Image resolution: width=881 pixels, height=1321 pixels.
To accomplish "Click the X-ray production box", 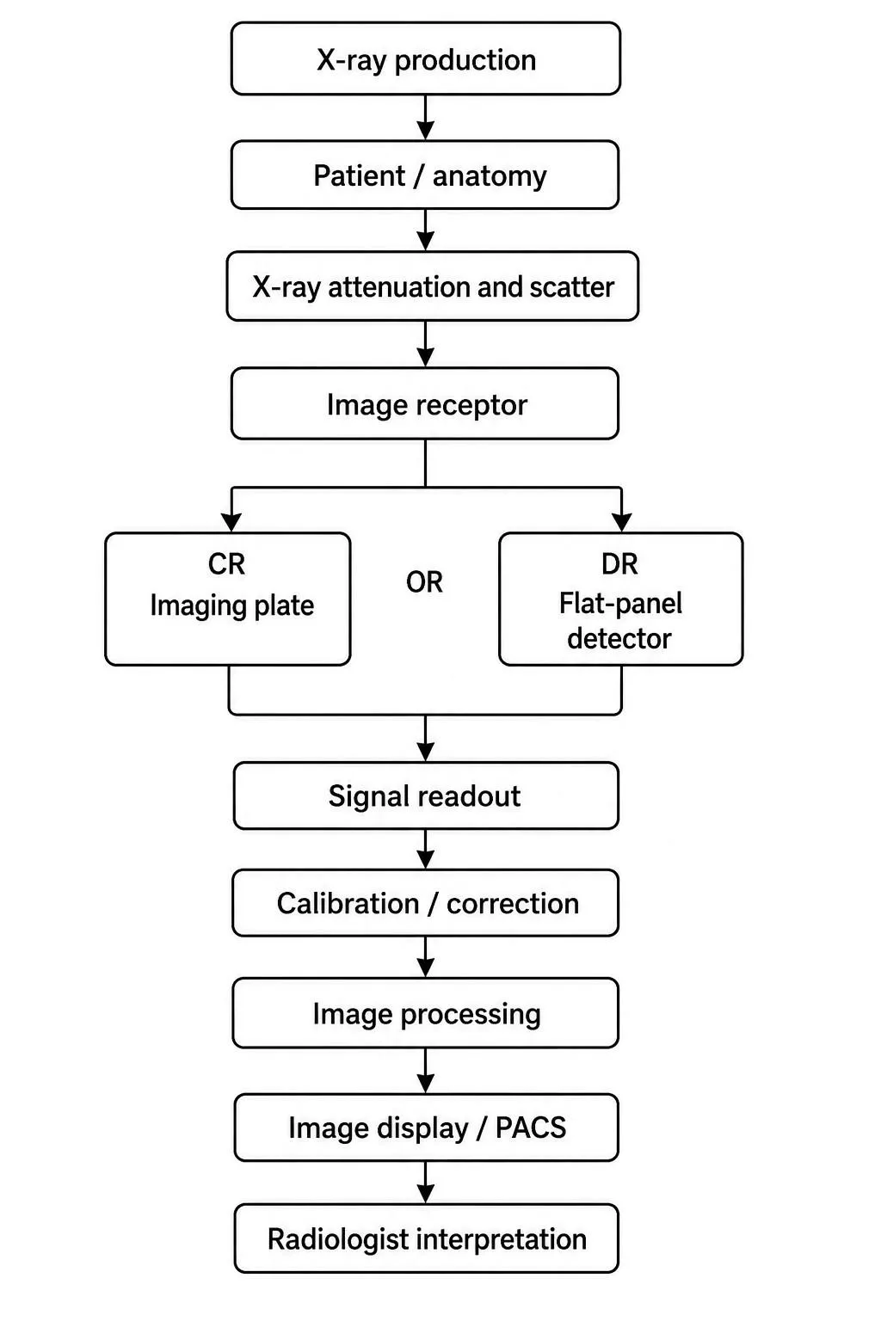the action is (426, 58).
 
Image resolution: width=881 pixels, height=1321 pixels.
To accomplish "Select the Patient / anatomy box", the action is (425, 175).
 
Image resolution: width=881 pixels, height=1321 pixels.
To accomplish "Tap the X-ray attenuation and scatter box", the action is (433, 286).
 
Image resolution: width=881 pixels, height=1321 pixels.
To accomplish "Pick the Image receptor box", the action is (425, 404).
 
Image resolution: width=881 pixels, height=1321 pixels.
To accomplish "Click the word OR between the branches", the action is (424, 582).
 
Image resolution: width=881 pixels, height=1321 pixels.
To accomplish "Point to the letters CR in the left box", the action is (226, 564).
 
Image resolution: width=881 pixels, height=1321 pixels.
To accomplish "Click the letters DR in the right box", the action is (619, 564).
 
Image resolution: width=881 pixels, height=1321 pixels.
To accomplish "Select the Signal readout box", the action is (426, 796).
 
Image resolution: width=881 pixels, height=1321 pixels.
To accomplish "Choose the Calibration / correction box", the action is (426, 903).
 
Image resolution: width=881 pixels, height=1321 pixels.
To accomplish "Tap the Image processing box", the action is (426, 1013).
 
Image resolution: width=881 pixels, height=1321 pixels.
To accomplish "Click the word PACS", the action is (531, 1127).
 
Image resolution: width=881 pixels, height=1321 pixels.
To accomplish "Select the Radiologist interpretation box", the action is (426, 1238).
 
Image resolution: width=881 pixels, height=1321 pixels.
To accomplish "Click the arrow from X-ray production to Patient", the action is (426, 117).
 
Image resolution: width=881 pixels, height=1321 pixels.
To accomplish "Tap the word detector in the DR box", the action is (619, 639).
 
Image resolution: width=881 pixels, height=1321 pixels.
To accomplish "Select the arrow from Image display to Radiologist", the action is (426, 1183).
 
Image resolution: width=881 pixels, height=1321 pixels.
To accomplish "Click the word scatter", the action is (572, 287).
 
